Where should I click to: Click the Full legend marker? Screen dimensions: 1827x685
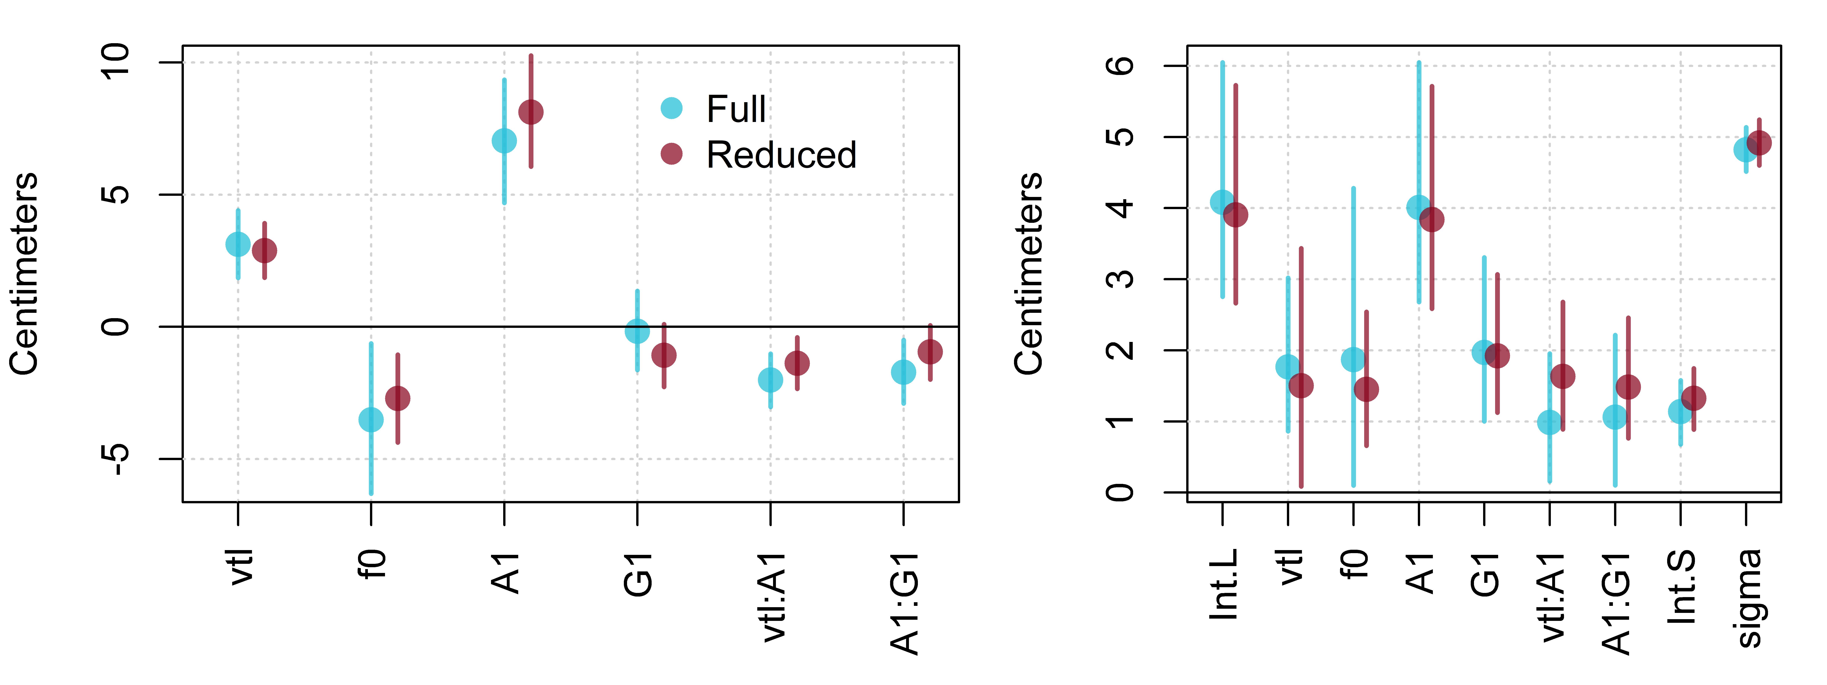(x=671, y=108)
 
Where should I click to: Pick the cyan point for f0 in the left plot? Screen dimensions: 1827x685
(x=371, y=420)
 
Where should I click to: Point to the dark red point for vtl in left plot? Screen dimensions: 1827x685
(x=265, y=250)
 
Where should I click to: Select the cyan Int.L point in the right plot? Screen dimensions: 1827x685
(x=1222, y=202)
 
